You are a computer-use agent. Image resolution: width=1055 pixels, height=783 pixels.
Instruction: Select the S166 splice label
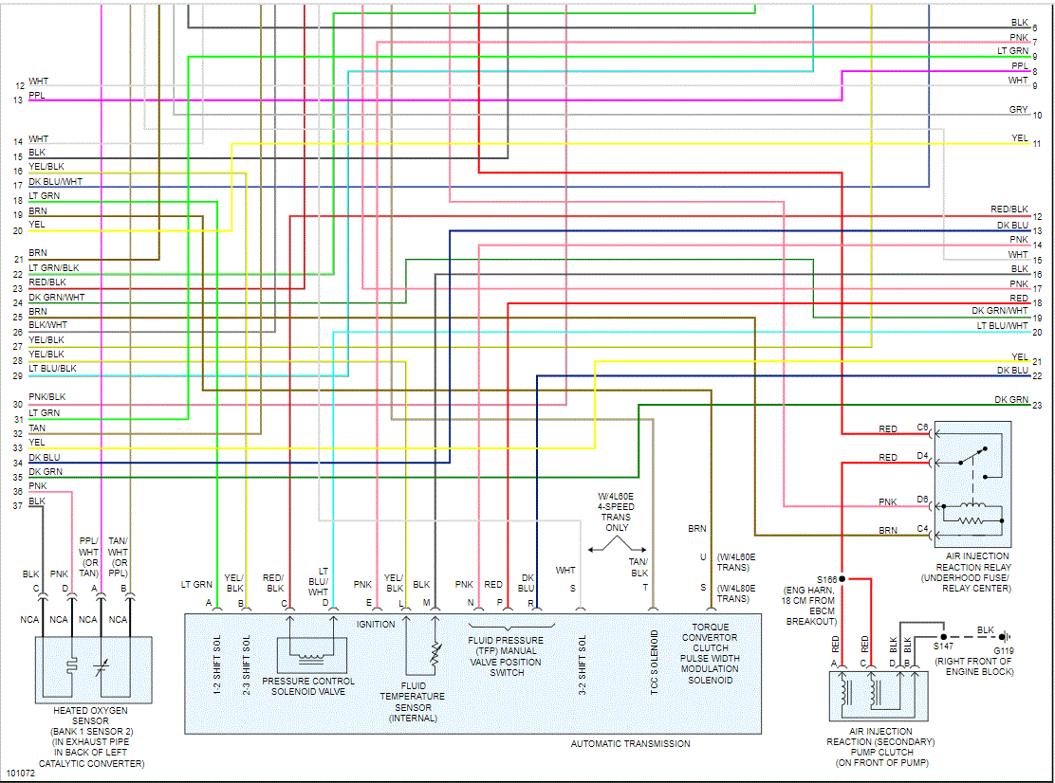(x=825, y=577)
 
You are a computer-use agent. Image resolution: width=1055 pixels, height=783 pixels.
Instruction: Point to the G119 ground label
(x=1003, y=650)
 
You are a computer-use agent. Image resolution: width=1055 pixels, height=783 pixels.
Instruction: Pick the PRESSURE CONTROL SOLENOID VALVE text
(x=308, y=686)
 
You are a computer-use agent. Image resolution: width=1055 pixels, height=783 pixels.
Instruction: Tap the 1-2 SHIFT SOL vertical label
(x=217, y=666)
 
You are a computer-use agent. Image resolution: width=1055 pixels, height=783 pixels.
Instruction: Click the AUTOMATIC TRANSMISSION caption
(x=630, y=743)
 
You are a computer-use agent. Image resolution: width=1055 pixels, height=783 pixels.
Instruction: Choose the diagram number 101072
(x=20, y=774)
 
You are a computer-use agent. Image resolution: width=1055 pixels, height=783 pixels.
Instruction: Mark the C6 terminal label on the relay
(x=922, y=428)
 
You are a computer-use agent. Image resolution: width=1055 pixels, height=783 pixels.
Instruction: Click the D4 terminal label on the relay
(x=922, y=457)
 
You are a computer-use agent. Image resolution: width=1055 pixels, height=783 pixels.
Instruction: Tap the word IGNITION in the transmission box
(x=376, y=625)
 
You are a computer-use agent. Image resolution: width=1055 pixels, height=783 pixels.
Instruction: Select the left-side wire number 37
(x=17, y=505)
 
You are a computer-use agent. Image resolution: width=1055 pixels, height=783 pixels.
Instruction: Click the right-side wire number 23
(x=1037, y=406)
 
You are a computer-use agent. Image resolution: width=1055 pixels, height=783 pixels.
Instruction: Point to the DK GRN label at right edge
(x=1011, y=399)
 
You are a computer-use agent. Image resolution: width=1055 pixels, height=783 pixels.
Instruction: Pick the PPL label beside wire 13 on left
(x=37, y=96)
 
